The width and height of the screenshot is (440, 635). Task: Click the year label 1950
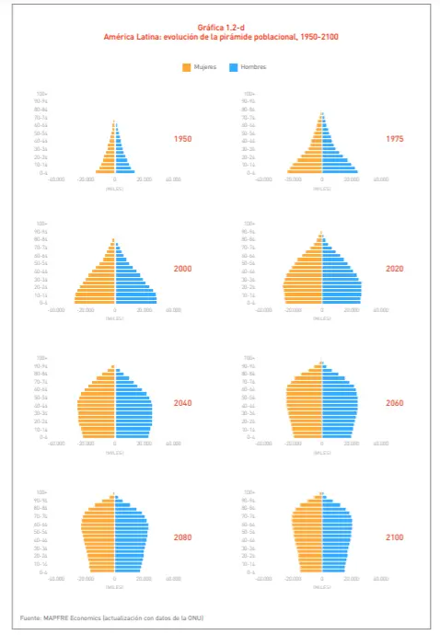click(182, 139)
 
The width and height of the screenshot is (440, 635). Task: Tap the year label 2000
click(182, 269)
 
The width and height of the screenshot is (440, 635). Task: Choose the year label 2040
click(182, 403)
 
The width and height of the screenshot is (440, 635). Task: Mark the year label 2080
click(182, 537)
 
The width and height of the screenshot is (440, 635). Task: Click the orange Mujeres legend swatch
click(187, 67)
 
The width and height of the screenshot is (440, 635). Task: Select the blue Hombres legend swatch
click(234, 67)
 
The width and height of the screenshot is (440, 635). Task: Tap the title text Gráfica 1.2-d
click(220, 29)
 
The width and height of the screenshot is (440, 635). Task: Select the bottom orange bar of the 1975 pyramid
click(304, 172)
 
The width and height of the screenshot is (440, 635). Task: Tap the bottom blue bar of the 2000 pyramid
click(135, 303)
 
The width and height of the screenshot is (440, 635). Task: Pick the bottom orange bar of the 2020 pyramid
click(302, 303)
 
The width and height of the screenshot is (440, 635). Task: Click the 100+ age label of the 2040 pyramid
click(42, 358)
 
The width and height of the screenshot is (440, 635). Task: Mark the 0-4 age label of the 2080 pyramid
click(43, 571)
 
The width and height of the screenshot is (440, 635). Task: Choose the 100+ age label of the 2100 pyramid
click(249, 492)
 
